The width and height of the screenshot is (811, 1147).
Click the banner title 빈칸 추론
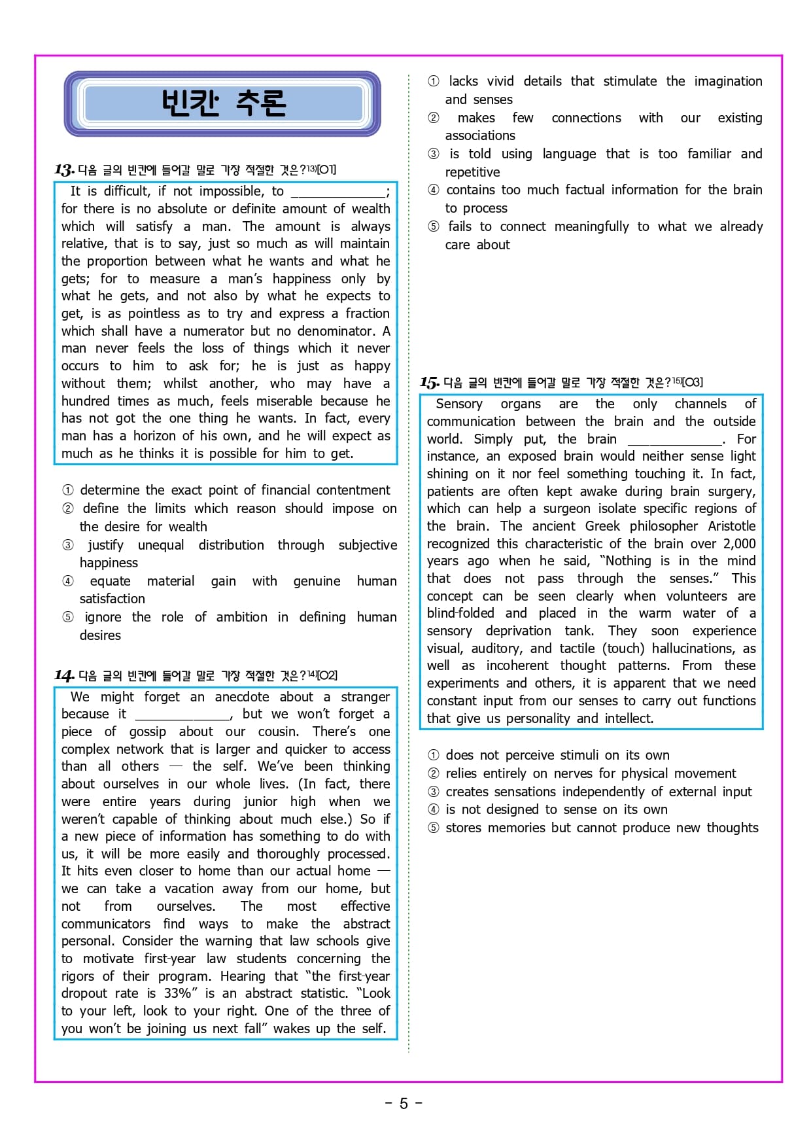coord(223,103)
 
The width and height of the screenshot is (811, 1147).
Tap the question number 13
coord(63,170)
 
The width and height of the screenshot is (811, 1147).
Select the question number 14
coord(63,675)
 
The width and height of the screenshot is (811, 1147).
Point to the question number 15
coord(429,382)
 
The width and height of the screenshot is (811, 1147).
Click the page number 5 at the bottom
coord(404,1104)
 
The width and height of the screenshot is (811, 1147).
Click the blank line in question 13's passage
coord(338,192)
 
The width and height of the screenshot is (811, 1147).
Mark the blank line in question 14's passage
coord(182,715)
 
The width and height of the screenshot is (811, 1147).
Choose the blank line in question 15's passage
coord(674,440)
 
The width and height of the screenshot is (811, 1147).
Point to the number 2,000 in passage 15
coord(739,544)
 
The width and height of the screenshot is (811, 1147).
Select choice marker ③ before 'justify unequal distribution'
coord(68,545)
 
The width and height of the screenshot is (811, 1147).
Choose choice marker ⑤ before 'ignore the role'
coord(68,617)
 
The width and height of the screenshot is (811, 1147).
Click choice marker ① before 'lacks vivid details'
coord(433,81)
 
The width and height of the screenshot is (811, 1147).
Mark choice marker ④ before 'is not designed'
coord(433,809)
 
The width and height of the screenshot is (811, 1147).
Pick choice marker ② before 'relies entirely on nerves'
coord(433,773)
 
